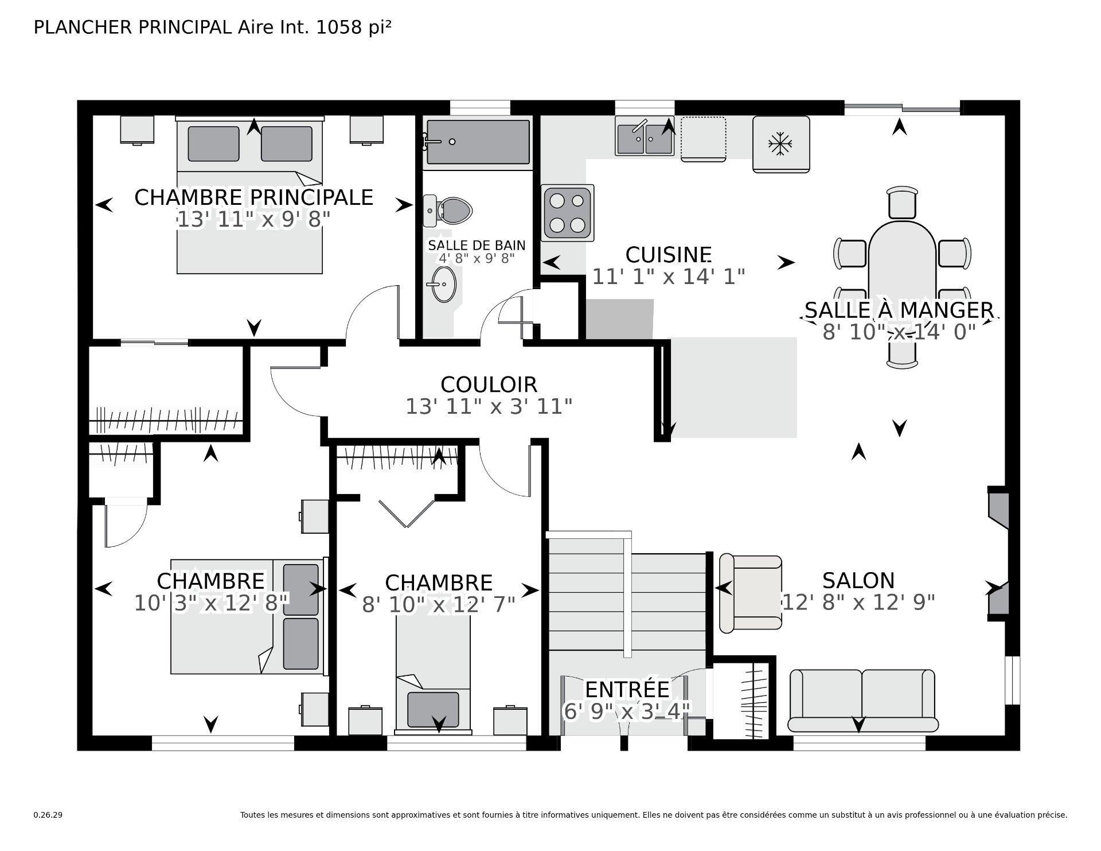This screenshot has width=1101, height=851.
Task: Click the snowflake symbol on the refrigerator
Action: (780, 144)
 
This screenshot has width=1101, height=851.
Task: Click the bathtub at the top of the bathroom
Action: (478, 142)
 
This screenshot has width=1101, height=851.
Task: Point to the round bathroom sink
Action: (444, 284)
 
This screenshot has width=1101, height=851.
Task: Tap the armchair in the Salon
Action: (750, 592)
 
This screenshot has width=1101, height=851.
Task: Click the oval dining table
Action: (902, 270)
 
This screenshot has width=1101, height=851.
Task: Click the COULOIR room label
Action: (489, 384)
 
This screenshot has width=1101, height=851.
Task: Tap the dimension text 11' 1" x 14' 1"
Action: (668, 277)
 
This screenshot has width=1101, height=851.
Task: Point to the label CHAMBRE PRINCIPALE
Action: (253, 197)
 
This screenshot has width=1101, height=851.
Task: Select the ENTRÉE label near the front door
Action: (627, 689)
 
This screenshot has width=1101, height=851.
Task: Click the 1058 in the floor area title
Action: (339, 27)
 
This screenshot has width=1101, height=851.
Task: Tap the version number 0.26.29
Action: (48, 815)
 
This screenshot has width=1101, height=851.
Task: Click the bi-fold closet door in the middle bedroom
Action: (406, 513)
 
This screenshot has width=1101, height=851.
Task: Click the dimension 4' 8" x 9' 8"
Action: (477, 258)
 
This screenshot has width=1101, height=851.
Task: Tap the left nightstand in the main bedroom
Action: (137, 130)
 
